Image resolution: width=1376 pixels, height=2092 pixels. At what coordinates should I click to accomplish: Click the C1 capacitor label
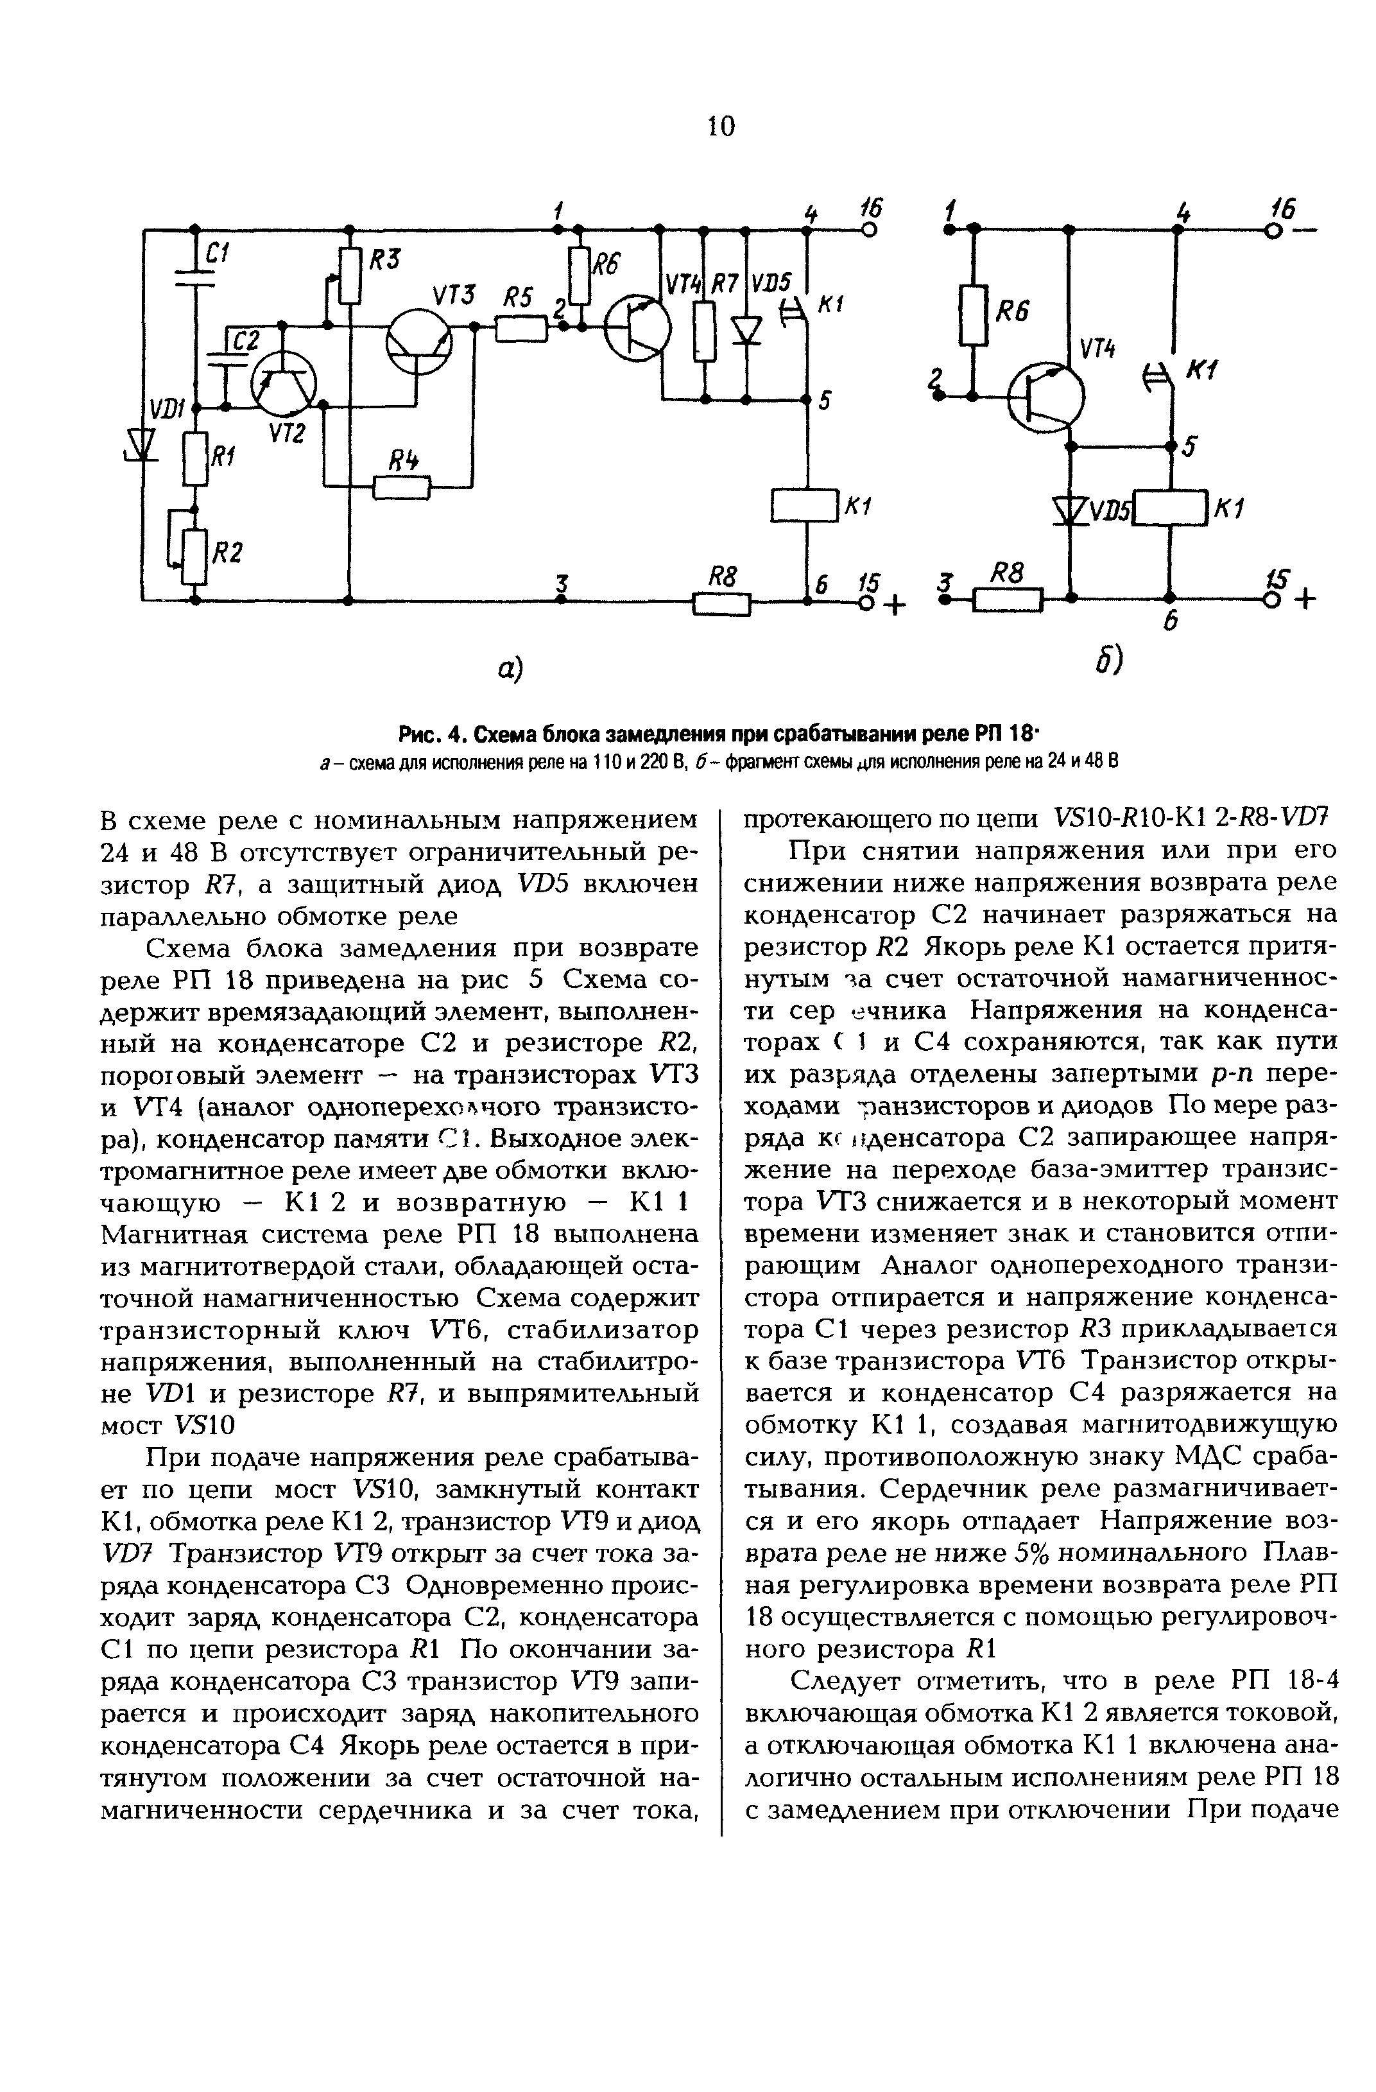point(216,255)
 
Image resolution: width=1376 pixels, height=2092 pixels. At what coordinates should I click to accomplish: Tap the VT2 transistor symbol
point(284,383)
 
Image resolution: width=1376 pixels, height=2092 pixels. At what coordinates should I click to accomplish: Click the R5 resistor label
point(517,300)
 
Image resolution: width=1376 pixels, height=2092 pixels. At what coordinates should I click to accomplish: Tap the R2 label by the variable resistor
point(228,552)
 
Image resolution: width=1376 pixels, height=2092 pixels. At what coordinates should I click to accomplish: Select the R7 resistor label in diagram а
point(724,283)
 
